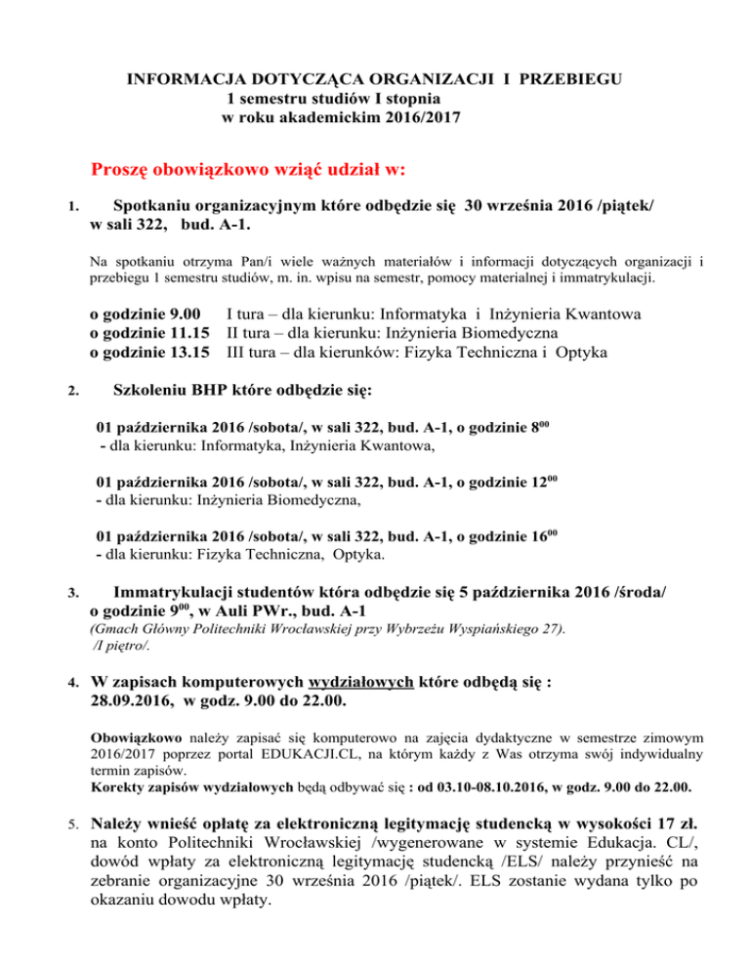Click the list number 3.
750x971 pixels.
tap(62, 593)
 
